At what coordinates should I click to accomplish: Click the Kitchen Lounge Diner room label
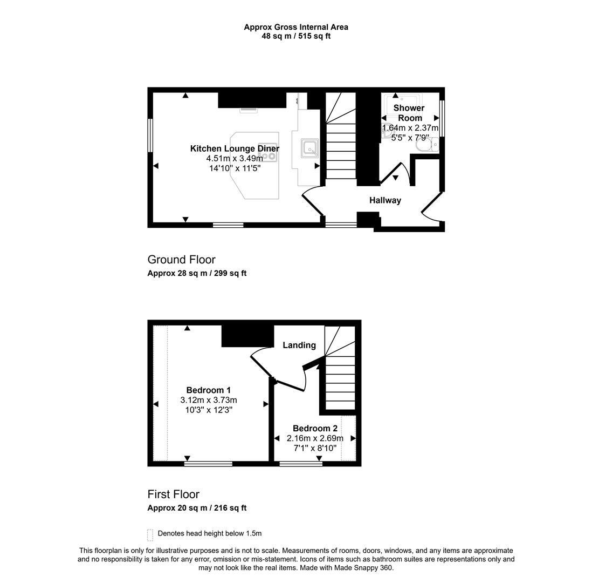pos(235,148)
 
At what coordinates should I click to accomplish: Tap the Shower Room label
pos(409,113)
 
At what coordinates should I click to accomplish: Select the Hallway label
pos(385,200)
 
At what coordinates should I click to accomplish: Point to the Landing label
pos(299,345)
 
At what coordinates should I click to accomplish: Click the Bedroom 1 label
pos(209,390)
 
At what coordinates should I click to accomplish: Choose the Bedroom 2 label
pos(315,429)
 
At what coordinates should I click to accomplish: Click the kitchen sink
pos(310,147)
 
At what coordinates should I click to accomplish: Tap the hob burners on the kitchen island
pos(268,157)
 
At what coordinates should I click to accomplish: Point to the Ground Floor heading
pos(181,260)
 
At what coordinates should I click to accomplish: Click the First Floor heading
pos(173,494)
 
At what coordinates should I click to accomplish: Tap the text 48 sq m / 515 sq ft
pos(296,36)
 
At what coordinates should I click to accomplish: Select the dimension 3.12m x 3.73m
pos(209,400)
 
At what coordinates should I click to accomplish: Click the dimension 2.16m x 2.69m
pos(315,438)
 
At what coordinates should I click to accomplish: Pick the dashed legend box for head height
pos(150,534)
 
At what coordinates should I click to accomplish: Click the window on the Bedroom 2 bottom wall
pos(301,463)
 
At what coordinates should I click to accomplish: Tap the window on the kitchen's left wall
pos(150,135)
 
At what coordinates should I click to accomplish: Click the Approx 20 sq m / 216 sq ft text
pos(197,508)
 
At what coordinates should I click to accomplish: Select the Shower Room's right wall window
pos(442,118)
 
